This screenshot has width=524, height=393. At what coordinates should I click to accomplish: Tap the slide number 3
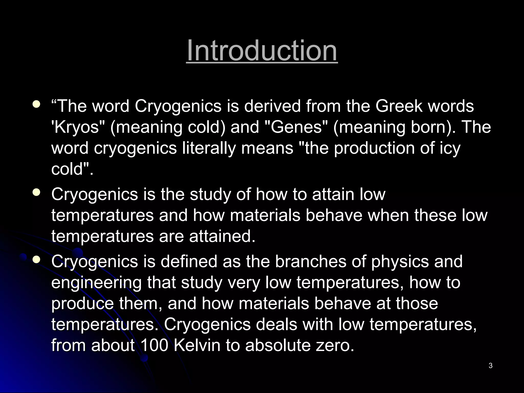(x=490, y=366)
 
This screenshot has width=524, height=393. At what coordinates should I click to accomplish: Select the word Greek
(x=399, y=106)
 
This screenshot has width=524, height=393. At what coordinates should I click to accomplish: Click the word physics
(x=400, y=261)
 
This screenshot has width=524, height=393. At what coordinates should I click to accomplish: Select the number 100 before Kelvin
(x=154, y=345)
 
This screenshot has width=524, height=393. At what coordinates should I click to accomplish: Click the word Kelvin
(x=197, y=345)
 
